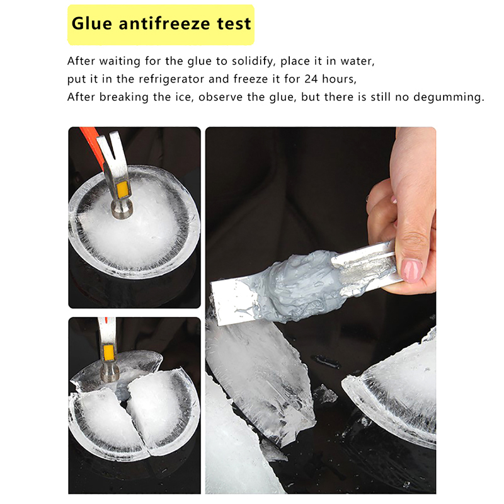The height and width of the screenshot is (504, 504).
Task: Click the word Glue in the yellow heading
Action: pyautogui.click(x=91, y=24)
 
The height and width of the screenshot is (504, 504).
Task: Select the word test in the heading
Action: pyautogui.click(x=234, y=24)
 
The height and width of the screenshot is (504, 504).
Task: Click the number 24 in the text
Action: pyautogui.click(x=311, y=79)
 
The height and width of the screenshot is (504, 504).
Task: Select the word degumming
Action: pyautogui.click(x=449, y=98)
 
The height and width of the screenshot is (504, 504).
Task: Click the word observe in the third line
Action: pyautogui.click(x=220, y=97)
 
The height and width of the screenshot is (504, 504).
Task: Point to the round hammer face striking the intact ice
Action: pyautogui.click(x=122, y=209)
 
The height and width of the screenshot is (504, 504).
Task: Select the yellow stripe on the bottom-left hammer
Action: pyautogui.click(x=108, y=353)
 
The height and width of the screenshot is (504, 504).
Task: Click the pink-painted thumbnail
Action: pyautogui.click(x=411, y=271)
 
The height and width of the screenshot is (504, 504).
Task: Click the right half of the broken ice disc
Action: pyautogui.click(x=161, y=411)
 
